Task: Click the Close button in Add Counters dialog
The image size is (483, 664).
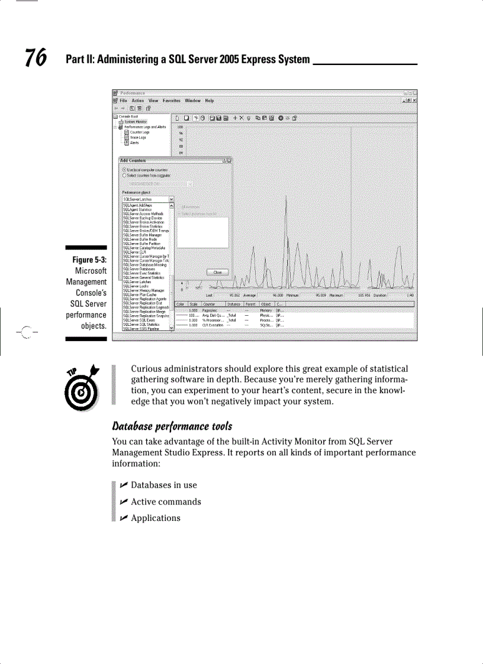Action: click(217, 272)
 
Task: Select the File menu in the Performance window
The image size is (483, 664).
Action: click(123, 101)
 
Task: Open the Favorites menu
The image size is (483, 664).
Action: click(171, 101)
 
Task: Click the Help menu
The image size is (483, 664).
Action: click(209, 101)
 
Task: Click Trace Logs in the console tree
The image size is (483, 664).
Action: click(138, 137)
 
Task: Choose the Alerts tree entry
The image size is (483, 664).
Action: click(134, 142)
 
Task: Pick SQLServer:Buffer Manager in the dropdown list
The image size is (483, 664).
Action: click(141, 235)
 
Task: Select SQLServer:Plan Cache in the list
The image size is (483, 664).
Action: click(139, 294)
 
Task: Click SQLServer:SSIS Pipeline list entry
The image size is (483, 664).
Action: click(141, 328)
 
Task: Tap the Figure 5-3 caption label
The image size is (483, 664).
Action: click(89, 260)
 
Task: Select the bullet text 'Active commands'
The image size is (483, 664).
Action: click(166, 502)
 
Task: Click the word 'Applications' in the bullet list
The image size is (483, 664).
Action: click(155, 518)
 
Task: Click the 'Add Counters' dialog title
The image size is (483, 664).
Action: click(133, 160)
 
